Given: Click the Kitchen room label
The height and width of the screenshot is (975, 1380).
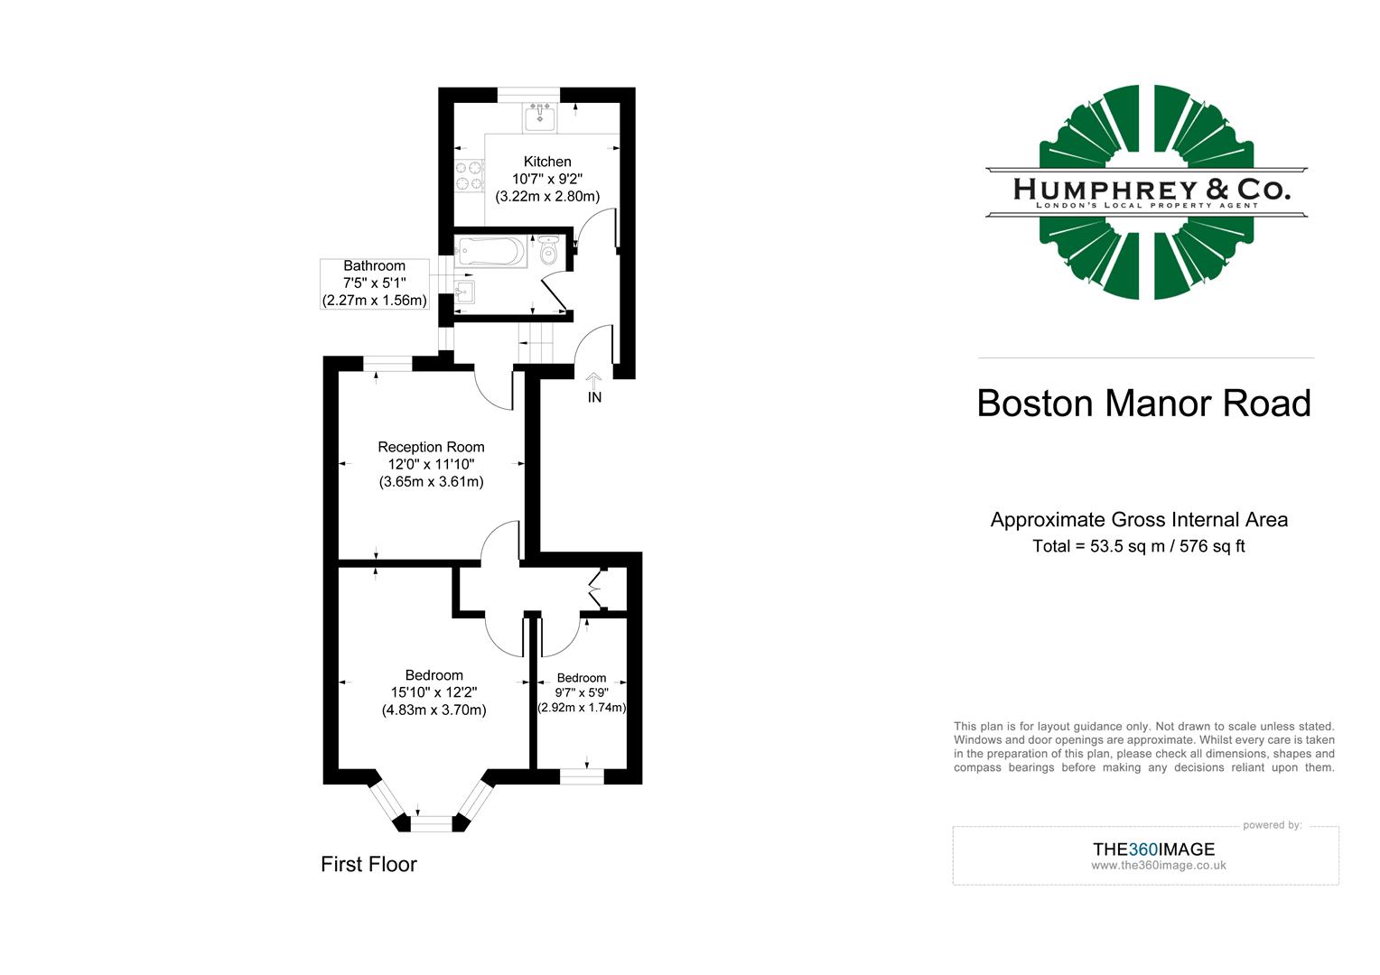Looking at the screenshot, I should (x=547, y=162).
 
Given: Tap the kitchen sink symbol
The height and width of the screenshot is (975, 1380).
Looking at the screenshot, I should (x=539, y=116).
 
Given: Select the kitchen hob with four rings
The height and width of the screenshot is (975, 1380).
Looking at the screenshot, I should (x=469, y=175).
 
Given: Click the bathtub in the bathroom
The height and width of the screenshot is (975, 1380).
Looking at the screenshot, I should (x=492, y=251).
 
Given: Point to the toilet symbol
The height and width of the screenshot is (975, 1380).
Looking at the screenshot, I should (x=548, y=252).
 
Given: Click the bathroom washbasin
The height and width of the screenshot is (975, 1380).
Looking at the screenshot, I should (x=465, y=292).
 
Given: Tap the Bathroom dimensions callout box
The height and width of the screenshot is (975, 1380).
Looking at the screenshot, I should (x=374, y=283).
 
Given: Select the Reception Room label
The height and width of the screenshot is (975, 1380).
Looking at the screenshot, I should (x=431, y=447).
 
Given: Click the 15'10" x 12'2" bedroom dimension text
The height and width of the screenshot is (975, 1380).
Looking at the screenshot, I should (x=434, y=692).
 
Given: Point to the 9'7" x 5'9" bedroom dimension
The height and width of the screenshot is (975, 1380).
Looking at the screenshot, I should (x=582, y=692).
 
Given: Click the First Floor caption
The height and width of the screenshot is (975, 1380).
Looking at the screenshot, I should (x=368, y=864).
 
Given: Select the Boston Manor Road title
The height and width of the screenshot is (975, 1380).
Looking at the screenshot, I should (x=1143, y=403).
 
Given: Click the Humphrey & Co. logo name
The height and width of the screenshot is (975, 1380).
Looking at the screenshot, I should (x=1152, y=189).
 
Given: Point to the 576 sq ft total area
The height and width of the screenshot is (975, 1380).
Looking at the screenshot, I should (x=1212, y=546).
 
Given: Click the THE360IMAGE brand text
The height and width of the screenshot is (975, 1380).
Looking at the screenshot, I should (x=1153, y=849).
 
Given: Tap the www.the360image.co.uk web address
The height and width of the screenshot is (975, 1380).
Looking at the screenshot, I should (x=1158, y=865).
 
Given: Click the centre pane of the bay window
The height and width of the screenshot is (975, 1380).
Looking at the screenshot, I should (x=432, y=822).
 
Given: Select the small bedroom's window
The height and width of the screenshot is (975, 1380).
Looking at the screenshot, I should (x=582, y=775).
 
